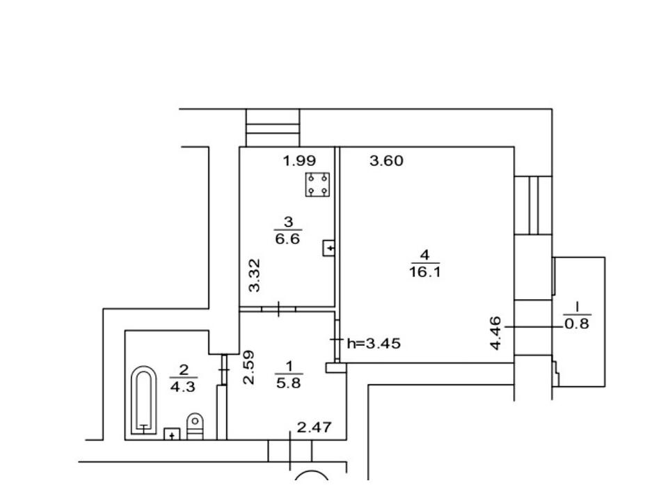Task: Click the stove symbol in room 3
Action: (x=317, y=184)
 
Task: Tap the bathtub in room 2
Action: (x=143, y=401)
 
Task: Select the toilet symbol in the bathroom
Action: (x=195, y=426)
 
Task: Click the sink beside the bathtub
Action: (x=172, y=434)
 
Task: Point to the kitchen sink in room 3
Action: (x=328, y=248)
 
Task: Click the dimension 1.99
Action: (x=299, y=161)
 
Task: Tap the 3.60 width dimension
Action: (x=386, y=161)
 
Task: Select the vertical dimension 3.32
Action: (x=255, y=276)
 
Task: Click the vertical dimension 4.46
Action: (x=496, y=333)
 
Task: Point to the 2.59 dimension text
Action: (x=248, y=367)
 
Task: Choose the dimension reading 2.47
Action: (x=314, y=427)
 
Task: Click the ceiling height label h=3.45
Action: (x=374, y=343)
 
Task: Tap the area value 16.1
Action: (x=424, y=272)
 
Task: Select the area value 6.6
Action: (x=287, y=239)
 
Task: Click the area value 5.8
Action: (x=288, y=383)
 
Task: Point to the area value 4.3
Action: (x=183, y=387)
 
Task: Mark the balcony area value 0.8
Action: (x=577, y=324)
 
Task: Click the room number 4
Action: (x=424, y=255)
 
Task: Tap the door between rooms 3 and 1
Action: (x=278, y=309)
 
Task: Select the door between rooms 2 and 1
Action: (x=224, y=369)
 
